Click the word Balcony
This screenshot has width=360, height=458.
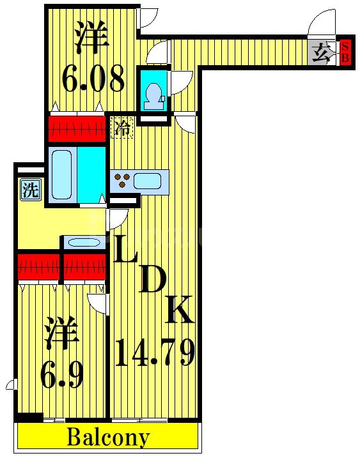coord(108,439)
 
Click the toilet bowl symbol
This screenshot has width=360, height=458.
coord(153,95)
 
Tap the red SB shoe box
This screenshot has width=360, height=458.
coord(345,52)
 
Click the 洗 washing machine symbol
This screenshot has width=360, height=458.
coord(29,190)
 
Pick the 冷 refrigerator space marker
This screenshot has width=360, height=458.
coord(122,127)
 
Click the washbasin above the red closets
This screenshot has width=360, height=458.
coord(83,242)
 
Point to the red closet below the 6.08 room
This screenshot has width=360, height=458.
coord(76,128)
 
